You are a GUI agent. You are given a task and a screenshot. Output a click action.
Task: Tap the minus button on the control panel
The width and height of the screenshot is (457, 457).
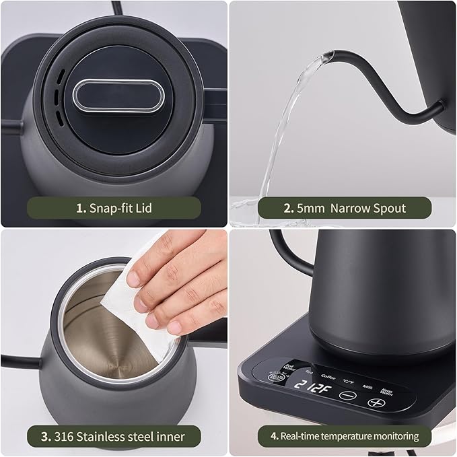[347, 396]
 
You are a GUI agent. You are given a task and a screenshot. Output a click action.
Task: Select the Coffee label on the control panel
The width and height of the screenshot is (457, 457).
[328, 377]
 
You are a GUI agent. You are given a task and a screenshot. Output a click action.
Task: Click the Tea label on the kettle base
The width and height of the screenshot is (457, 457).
[308, 372]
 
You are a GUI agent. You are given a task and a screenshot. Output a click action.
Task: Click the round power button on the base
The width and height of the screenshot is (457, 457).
[276, 377]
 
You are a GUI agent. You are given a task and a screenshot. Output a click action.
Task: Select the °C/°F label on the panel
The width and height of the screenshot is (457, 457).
[348, 381]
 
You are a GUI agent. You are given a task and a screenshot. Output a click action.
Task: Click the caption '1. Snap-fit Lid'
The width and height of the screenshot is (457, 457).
[113, 207]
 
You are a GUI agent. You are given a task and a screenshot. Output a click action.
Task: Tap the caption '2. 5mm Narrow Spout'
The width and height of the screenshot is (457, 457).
[344, 207]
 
